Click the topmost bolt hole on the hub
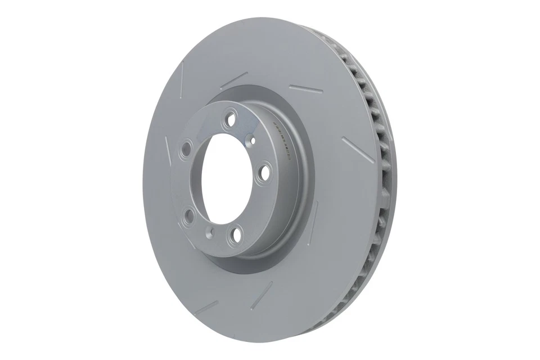(229, 119)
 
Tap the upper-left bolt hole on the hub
(186, 149)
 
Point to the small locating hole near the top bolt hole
(253, 139)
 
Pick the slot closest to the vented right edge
(353, 147)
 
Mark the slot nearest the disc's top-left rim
(181, 78)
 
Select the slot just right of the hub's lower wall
(313, 219)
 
